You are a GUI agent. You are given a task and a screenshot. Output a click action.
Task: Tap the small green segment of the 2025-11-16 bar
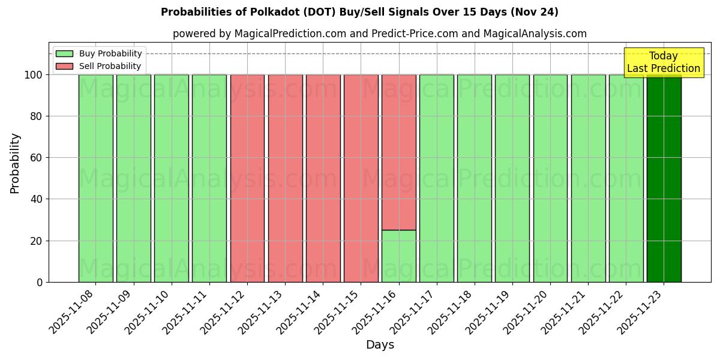(x=398, y=256)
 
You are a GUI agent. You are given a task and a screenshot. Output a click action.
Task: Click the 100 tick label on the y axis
(x=33, y=75)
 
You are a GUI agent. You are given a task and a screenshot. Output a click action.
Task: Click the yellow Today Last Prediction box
(x=663, y=62)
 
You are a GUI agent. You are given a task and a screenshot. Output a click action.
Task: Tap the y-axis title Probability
(x=15, y=163)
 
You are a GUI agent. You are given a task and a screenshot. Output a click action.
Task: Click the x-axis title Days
(x=380, y=345)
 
